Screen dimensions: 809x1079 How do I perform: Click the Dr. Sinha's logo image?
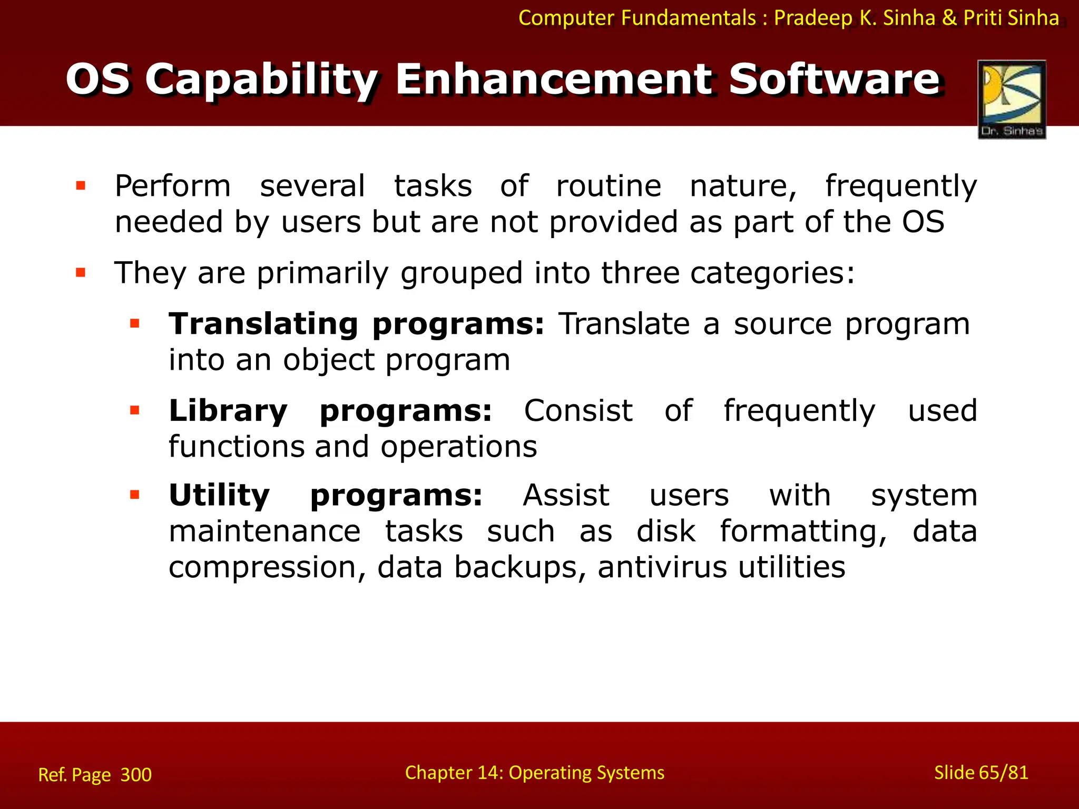[1012, 99]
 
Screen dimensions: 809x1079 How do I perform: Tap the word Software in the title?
[835, 80]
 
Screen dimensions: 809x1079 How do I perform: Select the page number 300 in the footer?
[136, 775]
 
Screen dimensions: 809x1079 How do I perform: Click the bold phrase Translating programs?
[356, 324]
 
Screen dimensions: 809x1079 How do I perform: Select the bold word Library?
[228, 411]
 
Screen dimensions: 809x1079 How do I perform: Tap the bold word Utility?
[219, 496]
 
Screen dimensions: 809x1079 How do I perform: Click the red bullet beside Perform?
[81, 185]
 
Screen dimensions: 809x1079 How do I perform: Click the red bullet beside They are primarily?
[81, 273]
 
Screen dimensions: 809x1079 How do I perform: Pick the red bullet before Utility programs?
[135, 495]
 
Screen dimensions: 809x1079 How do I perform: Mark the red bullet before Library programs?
[135, 410]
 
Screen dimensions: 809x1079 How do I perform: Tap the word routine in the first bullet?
[609, 186]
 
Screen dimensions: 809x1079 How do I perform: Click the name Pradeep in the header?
[813, 18]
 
